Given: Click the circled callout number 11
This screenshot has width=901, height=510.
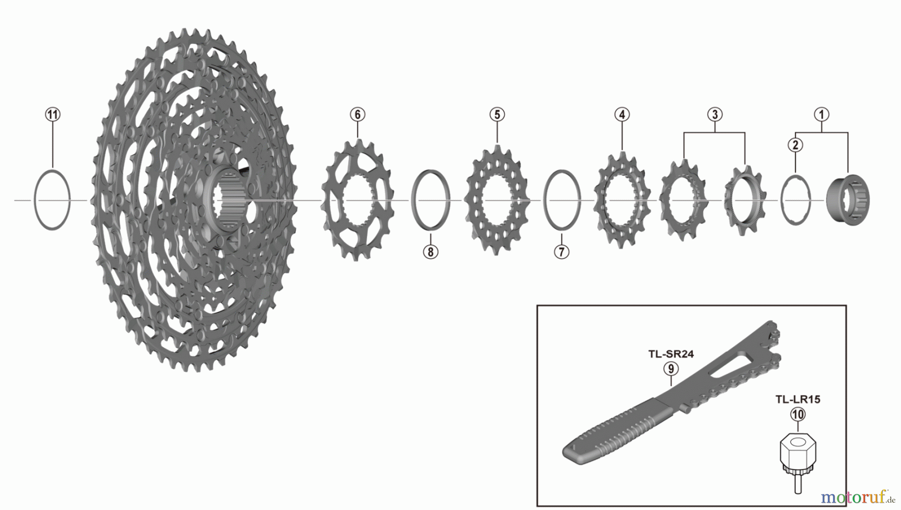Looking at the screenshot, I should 53,114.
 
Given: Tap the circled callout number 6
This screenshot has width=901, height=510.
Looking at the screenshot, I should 357,114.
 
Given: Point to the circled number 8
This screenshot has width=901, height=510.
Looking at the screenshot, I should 430,251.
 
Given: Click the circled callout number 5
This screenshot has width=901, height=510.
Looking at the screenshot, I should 497,114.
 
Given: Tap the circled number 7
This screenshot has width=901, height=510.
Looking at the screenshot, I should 562,251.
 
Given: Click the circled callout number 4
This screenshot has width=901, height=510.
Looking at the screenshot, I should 622,114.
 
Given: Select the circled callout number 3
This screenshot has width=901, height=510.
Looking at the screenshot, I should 715,114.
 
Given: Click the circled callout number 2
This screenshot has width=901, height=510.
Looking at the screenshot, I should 795,145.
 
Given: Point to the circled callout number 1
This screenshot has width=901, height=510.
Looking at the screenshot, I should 821,114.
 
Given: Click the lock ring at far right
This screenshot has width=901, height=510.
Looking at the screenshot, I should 848,200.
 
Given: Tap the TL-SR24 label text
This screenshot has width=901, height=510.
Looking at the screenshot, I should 671,354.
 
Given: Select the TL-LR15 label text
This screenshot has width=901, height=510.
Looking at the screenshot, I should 798,399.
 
